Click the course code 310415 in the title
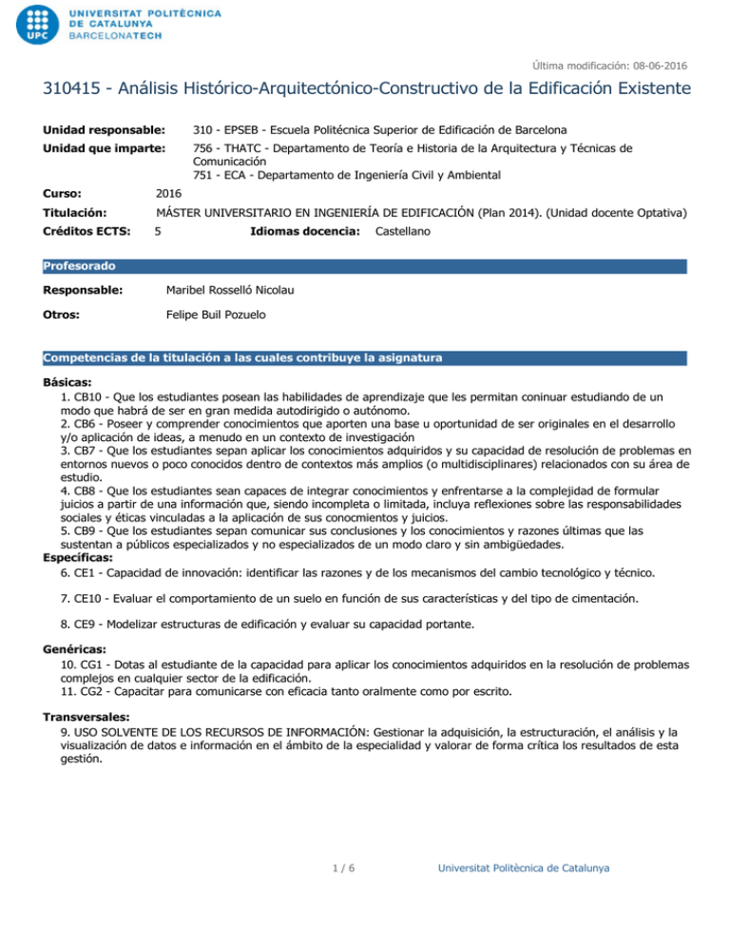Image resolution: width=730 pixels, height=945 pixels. tap(75, 91)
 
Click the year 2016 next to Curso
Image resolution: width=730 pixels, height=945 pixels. tap(169, 193)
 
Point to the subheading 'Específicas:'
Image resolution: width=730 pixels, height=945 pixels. tap(77, 559)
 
